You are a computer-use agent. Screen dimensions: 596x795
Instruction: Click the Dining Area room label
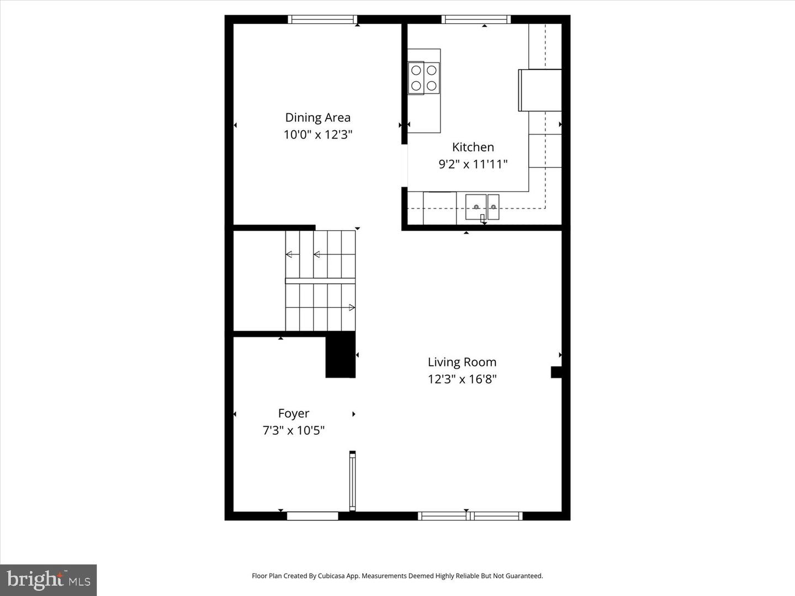[317, 118]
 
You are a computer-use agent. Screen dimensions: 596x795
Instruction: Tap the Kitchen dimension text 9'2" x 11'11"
[473, 164]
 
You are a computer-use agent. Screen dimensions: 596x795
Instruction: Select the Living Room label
[462, 362]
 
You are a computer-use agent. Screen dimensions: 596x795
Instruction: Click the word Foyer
[293, 413]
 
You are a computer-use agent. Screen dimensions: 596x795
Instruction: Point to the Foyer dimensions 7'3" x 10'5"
[293, 430]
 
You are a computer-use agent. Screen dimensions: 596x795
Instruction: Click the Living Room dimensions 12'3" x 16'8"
[462, 379]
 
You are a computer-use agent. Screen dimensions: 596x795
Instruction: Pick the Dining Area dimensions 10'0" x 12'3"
[317, 135]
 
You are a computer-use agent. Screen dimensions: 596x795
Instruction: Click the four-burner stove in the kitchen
[423, 78]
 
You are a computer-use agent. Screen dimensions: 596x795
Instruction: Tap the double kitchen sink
[482, 207]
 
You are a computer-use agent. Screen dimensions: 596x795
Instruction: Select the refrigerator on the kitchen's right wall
[539, 90]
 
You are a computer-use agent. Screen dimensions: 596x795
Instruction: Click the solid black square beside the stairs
[340, 355]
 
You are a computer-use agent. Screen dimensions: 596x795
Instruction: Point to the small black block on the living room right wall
[556, 372]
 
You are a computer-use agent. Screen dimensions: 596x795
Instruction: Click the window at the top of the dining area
[323, 19]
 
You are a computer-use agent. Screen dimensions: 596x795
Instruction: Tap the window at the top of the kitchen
[476, 19]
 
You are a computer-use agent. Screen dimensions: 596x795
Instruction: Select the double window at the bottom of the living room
[470, 516]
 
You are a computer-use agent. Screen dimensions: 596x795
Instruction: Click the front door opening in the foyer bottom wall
[312, 516]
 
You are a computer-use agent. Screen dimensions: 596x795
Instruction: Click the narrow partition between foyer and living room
[352, 481]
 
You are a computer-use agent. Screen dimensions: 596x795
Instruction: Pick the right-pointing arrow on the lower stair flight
[351, 307]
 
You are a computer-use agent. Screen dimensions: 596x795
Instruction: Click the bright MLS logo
[49, 579]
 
